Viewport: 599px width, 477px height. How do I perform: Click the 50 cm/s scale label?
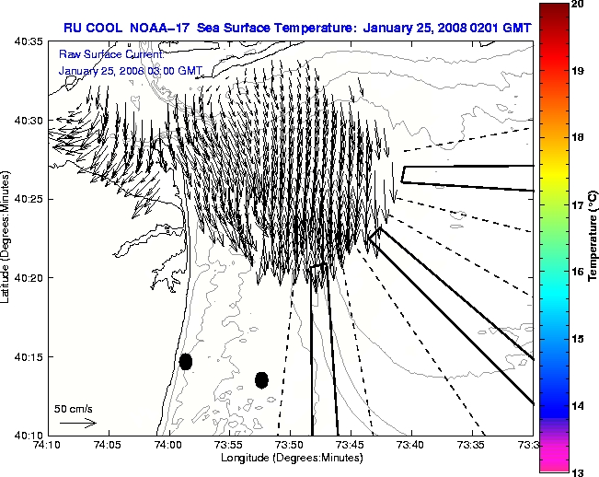tap(73, 408)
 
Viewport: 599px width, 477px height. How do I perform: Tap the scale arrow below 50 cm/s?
tap(77, 423)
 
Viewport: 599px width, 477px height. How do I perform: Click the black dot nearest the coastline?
tap(186, 361)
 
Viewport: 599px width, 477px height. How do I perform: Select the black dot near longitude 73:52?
tap(261, 379)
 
